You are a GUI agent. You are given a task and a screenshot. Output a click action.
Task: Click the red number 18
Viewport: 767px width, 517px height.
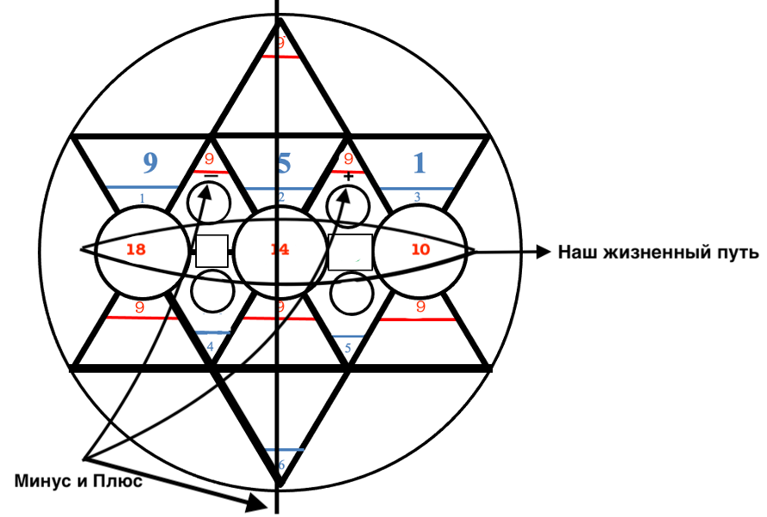136,250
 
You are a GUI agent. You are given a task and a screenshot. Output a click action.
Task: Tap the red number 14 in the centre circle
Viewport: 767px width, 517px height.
278,250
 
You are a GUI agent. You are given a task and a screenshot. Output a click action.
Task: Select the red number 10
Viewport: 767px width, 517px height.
419,250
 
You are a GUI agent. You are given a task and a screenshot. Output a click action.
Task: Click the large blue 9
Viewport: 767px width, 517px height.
150,162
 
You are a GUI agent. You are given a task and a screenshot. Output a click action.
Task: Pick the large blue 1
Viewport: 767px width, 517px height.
419,162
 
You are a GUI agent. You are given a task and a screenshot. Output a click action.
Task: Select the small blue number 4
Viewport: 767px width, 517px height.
210,346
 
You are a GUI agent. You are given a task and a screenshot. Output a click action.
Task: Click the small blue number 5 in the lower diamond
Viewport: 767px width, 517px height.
347,348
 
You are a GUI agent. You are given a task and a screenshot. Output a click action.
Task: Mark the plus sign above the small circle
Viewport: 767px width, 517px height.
348,177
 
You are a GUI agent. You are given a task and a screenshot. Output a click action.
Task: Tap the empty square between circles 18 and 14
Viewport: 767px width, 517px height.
212,251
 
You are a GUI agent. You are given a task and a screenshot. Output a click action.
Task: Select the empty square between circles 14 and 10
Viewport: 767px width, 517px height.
350,251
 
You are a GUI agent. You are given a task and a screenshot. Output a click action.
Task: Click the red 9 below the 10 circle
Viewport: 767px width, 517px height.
420,305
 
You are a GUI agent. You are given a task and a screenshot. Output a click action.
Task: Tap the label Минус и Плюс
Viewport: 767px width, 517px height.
77,480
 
